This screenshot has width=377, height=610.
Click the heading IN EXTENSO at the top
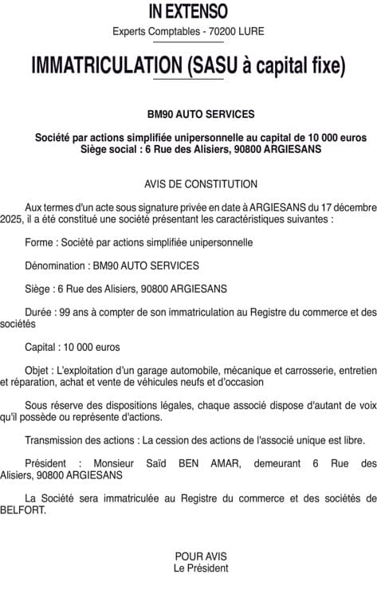pos(188,11)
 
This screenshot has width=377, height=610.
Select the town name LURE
pos(249,32)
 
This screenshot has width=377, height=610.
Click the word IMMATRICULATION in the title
pos(107,67)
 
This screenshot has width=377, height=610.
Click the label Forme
pos(40,242)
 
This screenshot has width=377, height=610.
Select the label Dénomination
pos(57,266)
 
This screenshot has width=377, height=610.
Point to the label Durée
pos(40,313)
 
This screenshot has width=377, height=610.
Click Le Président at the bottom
pos(201,568)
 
